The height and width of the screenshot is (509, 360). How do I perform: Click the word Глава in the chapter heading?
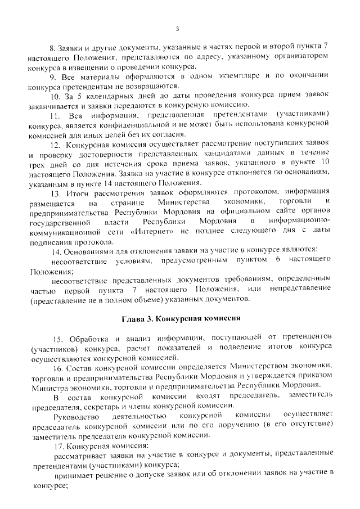(134, 318)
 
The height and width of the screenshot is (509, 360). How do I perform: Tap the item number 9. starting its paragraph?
(53, 76)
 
